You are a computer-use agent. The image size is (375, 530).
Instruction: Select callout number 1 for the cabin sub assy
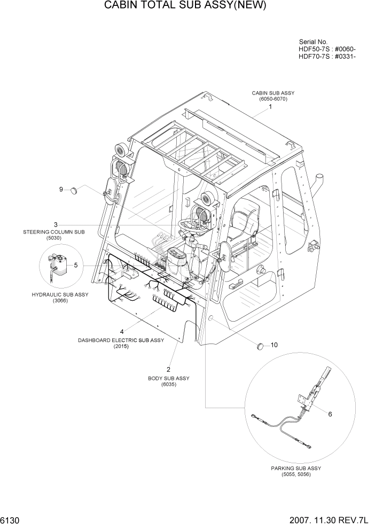(x=270, y=107)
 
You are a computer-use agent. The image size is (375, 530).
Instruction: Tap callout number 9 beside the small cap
(x=61, y=189)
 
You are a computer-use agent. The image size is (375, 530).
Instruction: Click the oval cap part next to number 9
(x=82, y=189)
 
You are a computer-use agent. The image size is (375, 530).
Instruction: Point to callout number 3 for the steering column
(x=56, y=224)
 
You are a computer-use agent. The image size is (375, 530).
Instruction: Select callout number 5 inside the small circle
(x=75, y=264)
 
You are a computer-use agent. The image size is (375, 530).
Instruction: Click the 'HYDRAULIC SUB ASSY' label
(x=60, y=294)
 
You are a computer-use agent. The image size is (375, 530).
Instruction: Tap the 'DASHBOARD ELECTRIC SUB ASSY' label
(x=121, y=340)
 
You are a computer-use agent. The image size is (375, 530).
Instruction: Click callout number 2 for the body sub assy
(x=169, y=369)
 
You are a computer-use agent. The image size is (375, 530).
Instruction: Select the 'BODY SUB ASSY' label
(x=169, y=378)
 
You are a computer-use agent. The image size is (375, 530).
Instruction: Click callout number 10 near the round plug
(x=274, y=345)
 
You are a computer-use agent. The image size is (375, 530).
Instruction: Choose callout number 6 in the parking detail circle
(x=330, y=414)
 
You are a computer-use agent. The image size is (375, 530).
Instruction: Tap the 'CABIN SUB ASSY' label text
(x=273, y=93)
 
